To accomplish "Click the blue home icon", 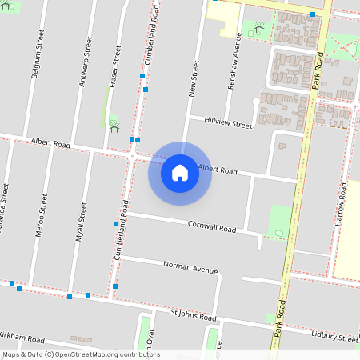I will pyautogui.click(x=180, y=172).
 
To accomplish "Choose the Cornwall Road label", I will pyautogui.click(x=211, y=227).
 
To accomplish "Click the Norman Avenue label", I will pyautogui.click(x=190, y=266).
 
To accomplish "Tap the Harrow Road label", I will pyautogui.click(x=341, y=205).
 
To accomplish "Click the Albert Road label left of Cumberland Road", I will pyautogui.click(x=50, y=143).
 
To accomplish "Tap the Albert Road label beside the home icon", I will pyautogui.click(x=218, y=170).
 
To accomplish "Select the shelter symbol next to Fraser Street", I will pyautogui.click(x=114, y=126).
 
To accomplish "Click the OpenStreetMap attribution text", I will pyautogui.click(x=81, y=354).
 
